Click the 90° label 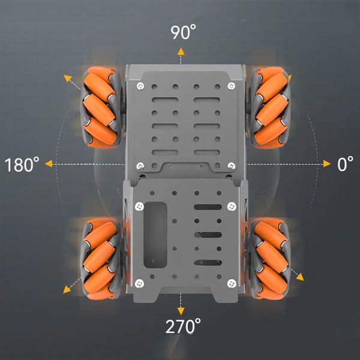(x=179, y=32)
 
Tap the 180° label (x=22, y=164)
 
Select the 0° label (x=344, y=164)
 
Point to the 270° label (x=183, y=327)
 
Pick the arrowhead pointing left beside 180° (x=49, y=163)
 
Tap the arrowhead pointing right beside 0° (x=327, y=163)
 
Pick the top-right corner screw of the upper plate (x=231, y=86)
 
